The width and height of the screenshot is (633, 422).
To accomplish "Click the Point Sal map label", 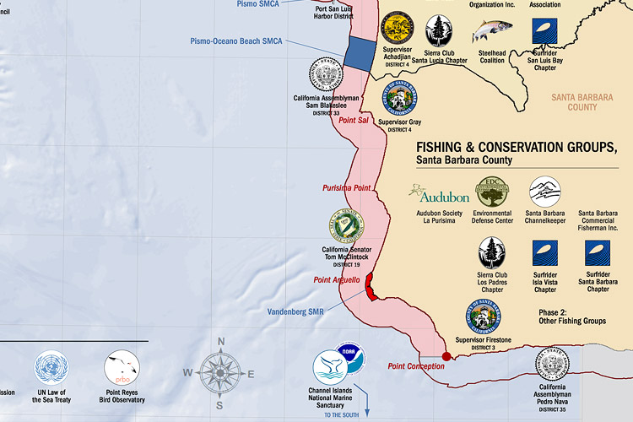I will [354, 122].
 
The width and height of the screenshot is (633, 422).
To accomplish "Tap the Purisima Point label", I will [347, 187].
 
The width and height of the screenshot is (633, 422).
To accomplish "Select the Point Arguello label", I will [337, 280].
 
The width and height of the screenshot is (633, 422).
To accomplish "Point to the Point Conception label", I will [416, 366].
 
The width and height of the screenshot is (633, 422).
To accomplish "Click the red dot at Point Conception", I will [446, 356].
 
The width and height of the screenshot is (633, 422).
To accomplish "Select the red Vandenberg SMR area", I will [371, 291].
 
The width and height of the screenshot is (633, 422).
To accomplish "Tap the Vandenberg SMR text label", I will [295, 312].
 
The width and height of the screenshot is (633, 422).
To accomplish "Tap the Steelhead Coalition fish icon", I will [491, 31].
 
